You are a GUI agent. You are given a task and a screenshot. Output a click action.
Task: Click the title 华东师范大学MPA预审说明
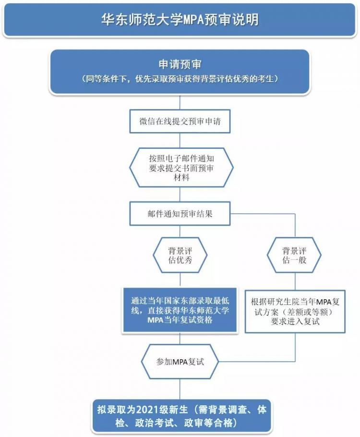[x=180, y=20]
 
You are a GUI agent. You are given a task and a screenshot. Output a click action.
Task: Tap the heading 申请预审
[x=180, y=64]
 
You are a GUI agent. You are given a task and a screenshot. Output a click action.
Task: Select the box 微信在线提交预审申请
[x=180, y=121]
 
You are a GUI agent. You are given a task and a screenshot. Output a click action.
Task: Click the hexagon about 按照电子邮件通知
[x=181, y=168]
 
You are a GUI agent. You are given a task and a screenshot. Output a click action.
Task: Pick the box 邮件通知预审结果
[x=180, y=214]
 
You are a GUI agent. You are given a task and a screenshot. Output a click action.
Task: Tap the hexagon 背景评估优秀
[x=180, y=255]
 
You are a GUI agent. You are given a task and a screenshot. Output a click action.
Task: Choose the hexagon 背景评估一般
[x=294, y=255]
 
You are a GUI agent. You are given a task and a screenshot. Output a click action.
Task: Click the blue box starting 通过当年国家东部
[x=180, y=310]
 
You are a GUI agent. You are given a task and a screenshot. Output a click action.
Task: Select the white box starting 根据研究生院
[x=295, y=312]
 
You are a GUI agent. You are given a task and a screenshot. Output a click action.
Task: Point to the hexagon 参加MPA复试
[x=180, y=362]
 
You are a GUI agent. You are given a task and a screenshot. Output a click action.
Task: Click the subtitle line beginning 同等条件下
[x=180, y=79]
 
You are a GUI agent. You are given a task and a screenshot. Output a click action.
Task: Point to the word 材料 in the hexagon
[x=181, y=178]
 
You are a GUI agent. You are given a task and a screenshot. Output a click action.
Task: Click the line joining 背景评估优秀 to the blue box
[x=180, y=280]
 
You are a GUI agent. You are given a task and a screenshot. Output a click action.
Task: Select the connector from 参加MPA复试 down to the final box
[x=180, y=389]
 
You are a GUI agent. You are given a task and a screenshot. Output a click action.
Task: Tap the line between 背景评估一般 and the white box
[x=295, y=281]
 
